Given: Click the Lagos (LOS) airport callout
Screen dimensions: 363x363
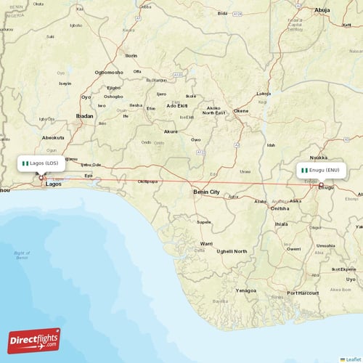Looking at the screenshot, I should [x=42, y=163].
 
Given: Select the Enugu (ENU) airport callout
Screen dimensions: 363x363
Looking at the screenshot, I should [x=320, y=171].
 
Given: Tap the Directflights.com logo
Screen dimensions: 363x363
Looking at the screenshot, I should [x=33, y=340].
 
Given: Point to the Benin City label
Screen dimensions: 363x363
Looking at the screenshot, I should [x=205, y=192].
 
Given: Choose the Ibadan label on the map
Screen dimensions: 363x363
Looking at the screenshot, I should [x=84, y=115].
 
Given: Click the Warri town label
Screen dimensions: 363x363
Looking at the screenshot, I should [x=207, y=243].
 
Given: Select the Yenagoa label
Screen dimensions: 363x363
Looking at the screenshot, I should [x=246, y=290].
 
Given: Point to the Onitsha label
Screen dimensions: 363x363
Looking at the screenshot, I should [x=280, y=208].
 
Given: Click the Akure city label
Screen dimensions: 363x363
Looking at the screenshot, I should [x=171, y=131].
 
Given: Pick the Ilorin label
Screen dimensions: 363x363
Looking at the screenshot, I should [x=131, y=55].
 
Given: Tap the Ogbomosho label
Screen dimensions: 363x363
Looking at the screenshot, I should [x=109, y=72].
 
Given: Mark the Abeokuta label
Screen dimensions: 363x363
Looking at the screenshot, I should [x=53, y=137].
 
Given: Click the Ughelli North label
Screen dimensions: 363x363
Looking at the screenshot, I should [x=232, y=251].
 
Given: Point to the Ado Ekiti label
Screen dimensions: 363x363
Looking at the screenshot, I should [x=178, y=106].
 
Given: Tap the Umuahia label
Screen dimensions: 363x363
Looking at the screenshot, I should [x=325, y=245].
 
